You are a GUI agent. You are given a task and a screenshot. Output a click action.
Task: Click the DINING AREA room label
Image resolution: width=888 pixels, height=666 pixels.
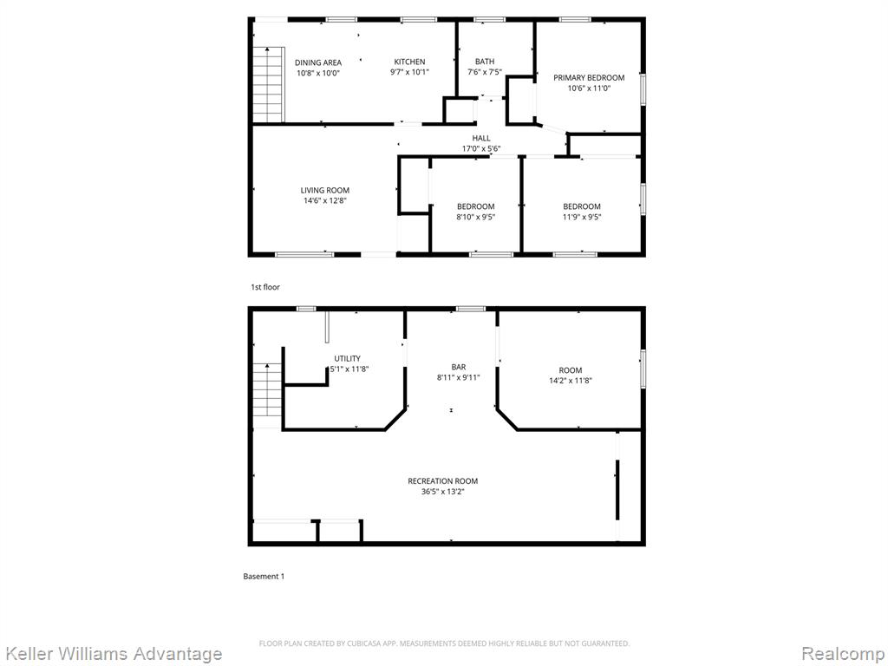pyautogui.click(x=317, y=62)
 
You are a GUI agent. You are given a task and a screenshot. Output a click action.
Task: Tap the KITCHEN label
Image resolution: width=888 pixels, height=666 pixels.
pyautogui.click(x=409, y=62)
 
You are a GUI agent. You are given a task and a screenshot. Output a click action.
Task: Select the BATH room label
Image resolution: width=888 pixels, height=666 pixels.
pyautogui.click(x=485, y=62)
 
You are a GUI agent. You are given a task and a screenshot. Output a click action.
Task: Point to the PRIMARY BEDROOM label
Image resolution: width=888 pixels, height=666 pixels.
pyautogui.click(x=589, y=77)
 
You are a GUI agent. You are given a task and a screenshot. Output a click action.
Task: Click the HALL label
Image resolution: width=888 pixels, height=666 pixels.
pyautogui.click(x=481, y=138)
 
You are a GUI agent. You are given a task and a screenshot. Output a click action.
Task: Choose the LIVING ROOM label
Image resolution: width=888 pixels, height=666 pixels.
pyautogui.click(x=325, y=190)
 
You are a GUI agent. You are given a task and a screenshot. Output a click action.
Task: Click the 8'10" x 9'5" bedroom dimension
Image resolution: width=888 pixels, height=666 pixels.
pyautogui.click(x=476, y=217)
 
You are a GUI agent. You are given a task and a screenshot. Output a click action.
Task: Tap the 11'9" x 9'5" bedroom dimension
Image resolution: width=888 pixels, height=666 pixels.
pyautogui.click(x=582, y=217)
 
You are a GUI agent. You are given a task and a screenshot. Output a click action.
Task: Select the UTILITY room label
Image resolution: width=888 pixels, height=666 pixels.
pyautogui.click(x=347, y=358)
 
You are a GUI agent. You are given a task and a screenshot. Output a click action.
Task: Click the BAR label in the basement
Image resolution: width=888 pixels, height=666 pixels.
pyautogui.click(x=459, y=367)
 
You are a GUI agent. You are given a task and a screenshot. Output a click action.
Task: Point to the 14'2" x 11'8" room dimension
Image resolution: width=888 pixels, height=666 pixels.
pyautogui.click(x=571, y=381)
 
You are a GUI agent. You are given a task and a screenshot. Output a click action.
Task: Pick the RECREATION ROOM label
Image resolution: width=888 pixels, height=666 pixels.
pyautogui.click(x=443, y=480)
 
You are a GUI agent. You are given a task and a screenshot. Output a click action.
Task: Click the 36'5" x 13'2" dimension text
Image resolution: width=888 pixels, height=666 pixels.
pyautogui.click(x=443, y=492)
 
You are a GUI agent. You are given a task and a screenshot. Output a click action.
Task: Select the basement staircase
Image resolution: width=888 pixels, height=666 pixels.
pyautogui.click(x=267, y=395)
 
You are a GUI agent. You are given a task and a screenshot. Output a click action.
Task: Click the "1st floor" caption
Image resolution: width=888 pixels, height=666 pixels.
pyautogui.click(x=265, y=287)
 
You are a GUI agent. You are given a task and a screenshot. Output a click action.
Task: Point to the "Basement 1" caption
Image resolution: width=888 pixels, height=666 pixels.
pyautogui.click(x=264, y=577)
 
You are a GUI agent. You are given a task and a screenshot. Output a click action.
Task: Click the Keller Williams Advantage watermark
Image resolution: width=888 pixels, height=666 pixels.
pyautogui.click(x=113, y=654)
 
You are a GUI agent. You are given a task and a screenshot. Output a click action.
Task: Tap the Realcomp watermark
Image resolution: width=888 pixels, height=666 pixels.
pyautogui.click(x=843, y=654)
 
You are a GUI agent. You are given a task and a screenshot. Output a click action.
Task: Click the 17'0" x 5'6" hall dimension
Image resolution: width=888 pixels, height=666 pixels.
pyautogui.click(x=481, y=149)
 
